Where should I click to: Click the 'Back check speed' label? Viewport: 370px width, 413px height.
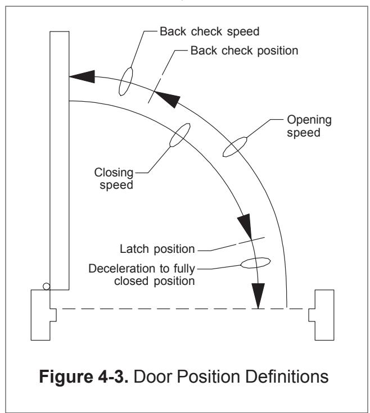(x=210, y=31)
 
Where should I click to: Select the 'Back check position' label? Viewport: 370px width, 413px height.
(x=244, y=51)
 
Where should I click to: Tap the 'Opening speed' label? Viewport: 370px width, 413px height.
(x=309, y=126)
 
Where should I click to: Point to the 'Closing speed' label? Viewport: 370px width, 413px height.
(x=114, y=179)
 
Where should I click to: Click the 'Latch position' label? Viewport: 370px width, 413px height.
(x=157, y=249)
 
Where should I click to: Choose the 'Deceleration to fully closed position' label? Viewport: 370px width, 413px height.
(x=142, y=275)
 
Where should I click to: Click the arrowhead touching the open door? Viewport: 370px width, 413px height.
(x=82, y=76)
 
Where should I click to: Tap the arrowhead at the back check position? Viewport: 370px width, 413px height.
(x=168, y=99)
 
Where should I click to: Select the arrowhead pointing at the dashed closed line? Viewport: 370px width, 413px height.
(x=258, y=296)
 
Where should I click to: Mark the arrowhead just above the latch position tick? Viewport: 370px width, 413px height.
(x=246, y=226)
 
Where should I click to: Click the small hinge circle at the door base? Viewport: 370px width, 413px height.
(x=46, y=287)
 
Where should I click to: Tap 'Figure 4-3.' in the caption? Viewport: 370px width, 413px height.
(x=84, y=376)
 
